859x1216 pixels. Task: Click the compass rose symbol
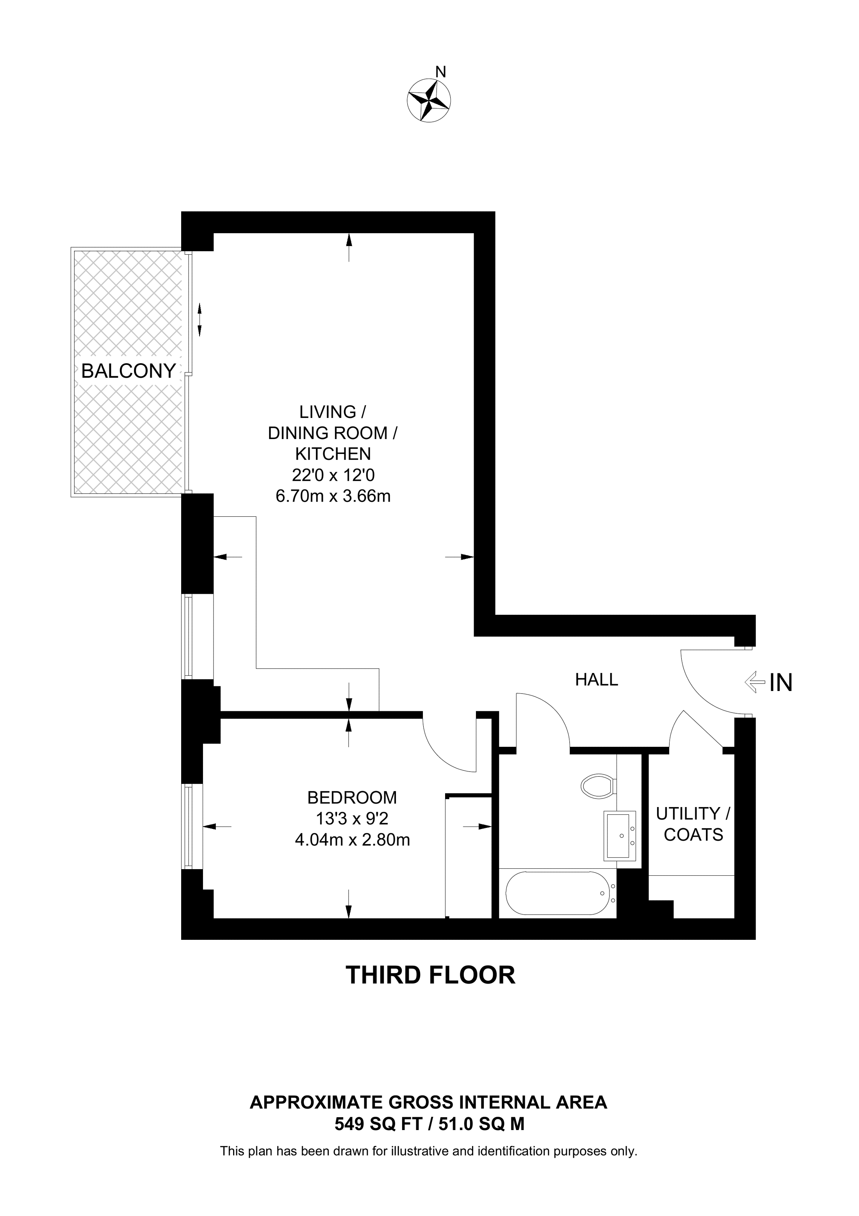coord(429,100)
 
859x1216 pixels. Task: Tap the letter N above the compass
coord(440,71)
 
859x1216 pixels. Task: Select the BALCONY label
coord(128,371)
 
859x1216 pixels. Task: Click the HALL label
coord(597,680)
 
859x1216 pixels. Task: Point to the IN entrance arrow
coord(754,682)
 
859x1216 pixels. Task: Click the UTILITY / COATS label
coord(693,824)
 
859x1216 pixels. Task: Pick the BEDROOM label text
coord(352,797)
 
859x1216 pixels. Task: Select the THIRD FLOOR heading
coord(430,975)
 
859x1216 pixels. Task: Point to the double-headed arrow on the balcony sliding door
coord(200,320)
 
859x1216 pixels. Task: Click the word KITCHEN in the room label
coord(332,454)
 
